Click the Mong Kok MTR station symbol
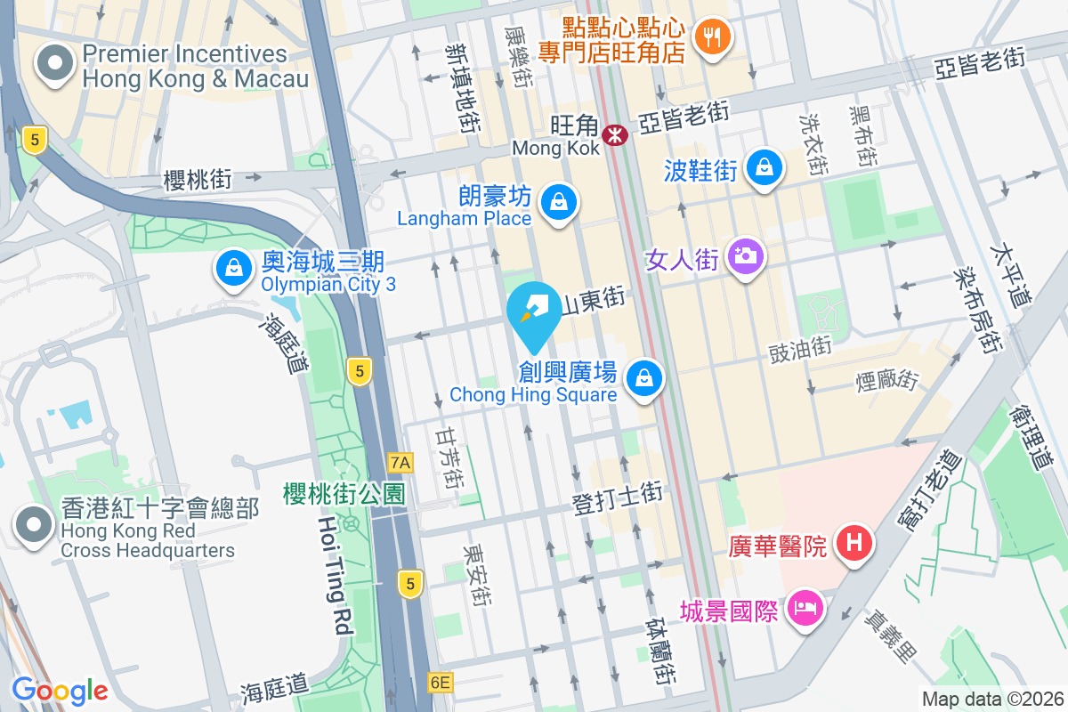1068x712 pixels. pyautogui.click(x=614, y=135)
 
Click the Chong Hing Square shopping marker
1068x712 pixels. pyautogui.click(x=643, y=379)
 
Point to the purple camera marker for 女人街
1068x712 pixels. pyautogui.click(x=746, y=256)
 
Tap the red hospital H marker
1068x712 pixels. pyautogui.click(x=854, y=541)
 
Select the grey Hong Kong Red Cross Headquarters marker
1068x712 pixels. pyautogui.click(x=34, y=525)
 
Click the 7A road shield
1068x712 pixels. pyautogui.click(x=401, y=462)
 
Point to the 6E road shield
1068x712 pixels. pyautogui.click(x=440, y=683)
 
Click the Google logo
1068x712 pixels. pyautogui.click(x=60, y=690)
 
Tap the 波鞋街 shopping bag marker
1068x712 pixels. pyautogui.click(x=764, y=166)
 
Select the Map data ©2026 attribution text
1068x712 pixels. pyautogui.click(x=992, y=699)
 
